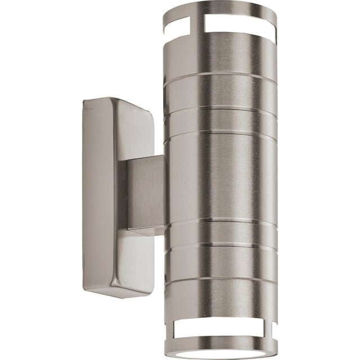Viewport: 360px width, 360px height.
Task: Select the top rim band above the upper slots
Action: point(225,10)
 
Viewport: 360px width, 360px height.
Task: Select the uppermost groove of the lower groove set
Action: point(222,220)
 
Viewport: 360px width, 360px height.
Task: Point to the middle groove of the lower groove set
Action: point(222,246)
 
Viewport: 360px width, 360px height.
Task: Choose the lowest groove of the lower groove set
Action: point(222,277)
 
